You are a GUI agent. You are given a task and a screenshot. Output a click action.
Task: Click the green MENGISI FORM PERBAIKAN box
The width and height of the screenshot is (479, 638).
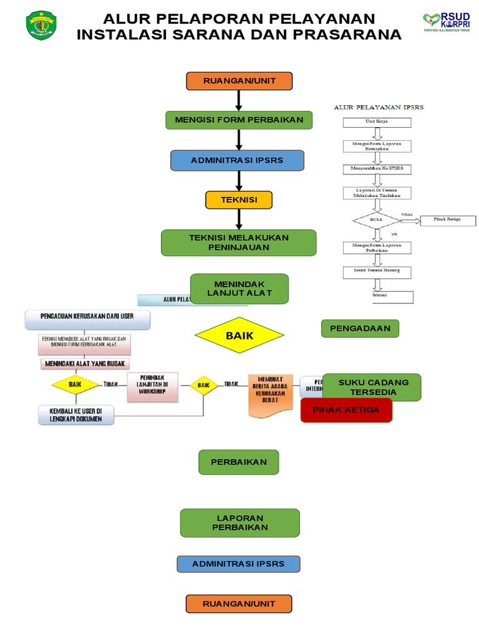tap(238, 120)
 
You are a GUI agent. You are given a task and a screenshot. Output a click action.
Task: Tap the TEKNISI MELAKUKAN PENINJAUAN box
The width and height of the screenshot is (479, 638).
tap(238, 242)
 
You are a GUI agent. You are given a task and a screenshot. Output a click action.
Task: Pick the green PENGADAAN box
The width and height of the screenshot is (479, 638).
tap(360, 328)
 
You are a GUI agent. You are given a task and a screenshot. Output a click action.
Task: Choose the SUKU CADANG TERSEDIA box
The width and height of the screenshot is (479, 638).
tap(371, 387)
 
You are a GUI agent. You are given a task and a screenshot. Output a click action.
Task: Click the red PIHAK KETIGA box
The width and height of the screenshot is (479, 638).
tap(346, 411)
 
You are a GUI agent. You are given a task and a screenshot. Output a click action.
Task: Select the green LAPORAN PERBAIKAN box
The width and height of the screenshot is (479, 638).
tap(239, 523)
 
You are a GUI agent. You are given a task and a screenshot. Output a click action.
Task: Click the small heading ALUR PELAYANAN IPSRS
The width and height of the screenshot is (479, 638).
tap(379, 107)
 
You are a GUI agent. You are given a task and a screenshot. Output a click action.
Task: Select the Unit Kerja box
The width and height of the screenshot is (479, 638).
tap(377, 122)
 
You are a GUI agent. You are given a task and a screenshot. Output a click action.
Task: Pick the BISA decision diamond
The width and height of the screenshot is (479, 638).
tap(376, 220)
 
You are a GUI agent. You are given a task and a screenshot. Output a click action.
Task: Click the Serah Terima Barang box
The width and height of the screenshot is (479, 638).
tap(377, 272)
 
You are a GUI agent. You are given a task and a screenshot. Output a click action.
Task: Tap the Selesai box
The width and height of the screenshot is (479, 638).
tap(377, 295)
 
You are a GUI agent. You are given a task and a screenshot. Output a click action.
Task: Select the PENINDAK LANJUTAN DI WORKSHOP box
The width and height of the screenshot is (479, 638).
tap(152, 386)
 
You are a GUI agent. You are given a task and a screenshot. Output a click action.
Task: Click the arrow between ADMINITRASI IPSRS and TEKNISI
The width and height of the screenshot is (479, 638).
tap(238, 181)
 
